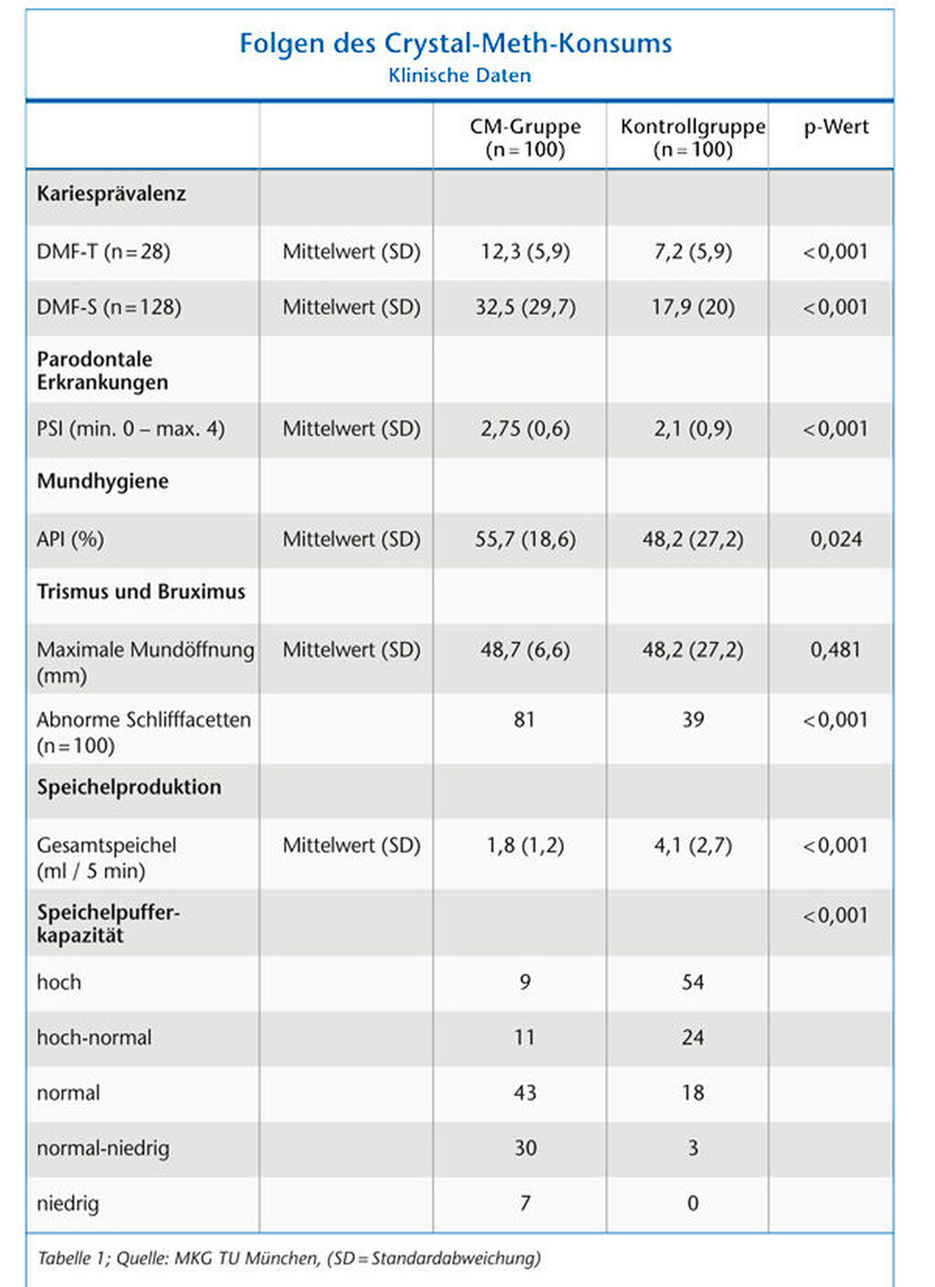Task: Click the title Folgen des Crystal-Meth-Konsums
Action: click(456, 44)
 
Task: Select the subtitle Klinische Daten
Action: click(459, 75)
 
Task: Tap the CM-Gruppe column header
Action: click(525, 138)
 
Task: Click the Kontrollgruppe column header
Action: click(693, 138)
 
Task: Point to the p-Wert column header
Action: click(835, 127)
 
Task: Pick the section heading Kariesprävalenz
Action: click(111, 195)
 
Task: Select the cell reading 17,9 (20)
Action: click(693, 308)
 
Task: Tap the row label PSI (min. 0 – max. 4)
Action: click(131, 428)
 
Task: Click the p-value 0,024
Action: click(835, 539)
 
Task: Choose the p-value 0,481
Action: click(835, 649)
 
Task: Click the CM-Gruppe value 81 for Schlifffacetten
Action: click(524, 720)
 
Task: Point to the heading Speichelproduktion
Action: click(130, 787)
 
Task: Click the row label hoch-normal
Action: click(94, 1037)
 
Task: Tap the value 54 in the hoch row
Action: click(693, 982)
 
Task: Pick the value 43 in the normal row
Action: click(525, 1092)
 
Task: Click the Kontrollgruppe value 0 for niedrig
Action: click(693, 1203)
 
